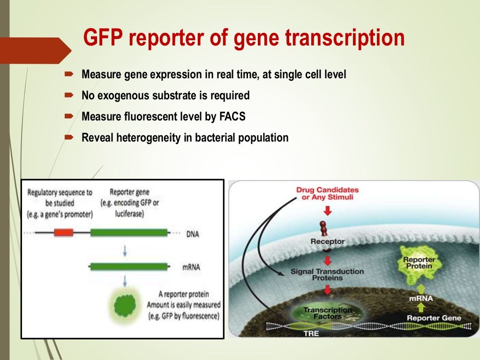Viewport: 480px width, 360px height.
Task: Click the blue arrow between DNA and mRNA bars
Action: tap(125, 250)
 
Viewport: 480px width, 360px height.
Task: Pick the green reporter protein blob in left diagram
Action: tap(125, 303)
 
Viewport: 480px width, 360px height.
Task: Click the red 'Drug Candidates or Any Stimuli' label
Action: tap(327, 194)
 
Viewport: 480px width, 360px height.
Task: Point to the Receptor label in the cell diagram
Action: tap(327, 241)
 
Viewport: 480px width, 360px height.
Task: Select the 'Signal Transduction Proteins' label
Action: tap(327, 275)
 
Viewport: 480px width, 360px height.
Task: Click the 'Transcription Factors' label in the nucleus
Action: tap(327, 313)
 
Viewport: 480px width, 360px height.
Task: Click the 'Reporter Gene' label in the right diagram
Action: tap(434, 318)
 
